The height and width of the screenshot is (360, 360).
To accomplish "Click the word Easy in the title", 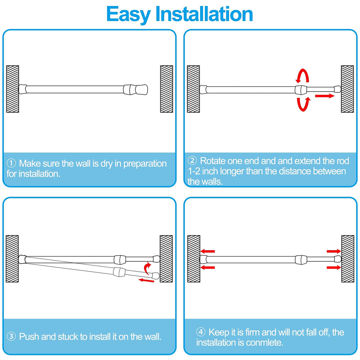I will [x=128, y=14].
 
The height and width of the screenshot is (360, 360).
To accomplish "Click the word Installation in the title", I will [x=204, y=14].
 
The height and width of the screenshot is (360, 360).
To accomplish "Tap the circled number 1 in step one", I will [x=11, y=163].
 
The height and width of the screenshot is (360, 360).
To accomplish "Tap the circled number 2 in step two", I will [x=192, y=161].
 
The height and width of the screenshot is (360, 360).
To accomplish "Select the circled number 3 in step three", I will [x=11, y=336].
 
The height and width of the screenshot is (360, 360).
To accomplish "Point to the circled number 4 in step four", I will [x=201, y=332].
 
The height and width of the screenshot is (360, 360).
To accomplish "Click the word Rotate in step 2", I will [x=213, y=161].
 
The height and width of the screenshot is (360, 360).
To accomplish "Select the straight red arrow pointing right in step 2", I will [x=324, y=96].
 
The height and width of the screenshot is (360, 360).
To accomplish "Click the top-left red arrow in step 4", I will [x=208, y=251].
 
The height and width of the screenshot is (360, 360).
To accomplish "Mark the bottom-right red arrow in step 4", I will [x=334, y=267].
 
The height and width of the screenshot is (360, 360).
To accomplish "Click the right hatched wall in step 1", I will [x=166, y=89].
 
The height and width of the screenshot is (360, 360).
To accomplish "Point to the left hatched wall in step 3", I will [x=12, y=259].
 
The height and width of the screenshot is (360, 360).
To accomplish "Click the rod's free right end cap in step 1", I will [x=141, y=89].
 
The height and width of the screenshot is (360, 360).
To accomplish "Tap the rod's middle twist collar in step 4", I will [x=301, y=259].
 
